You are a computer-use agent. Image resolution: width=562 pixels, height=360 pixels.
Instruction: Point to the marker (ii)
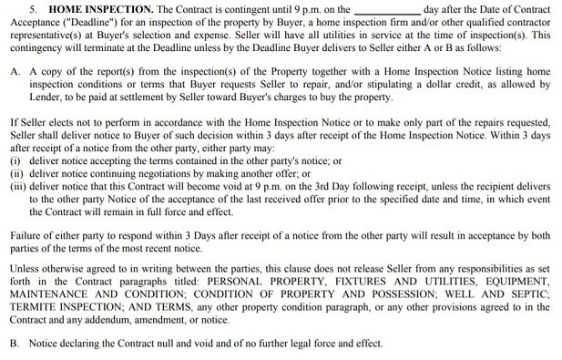click(15, 173)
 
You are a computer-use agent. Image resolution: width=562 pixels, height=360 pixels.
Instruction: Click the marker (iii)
click(16, 186)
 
